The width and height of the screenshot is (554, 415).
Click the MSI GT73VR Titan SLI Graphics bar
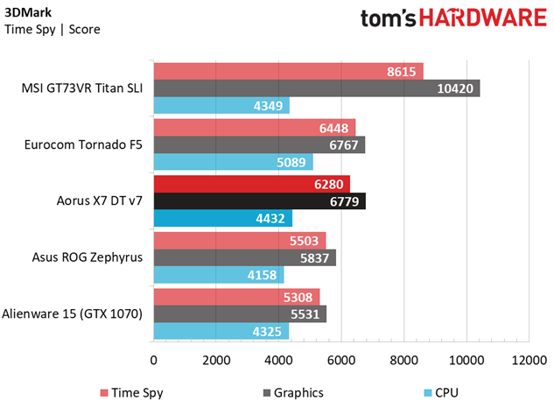point(317,88)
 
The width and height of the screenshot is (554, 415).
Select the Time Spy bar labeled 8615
point(288,72)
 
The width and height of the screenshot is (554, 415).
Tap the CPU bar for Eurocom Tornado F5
point(233,162)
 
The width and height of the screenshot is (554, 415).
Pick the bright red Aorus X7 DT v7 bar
point(251,184)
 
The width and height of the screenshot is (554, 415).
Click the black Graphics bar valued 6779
point(260,201)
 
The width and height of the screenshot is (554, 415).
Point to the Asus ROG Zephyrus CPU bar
point(219,275)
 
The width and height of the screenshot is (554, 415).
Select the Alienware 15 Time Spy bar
point(236,297)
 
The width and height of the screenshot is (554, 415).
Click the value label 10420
point(455,88)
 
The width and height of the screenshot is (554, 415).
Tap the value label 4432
point(270,219)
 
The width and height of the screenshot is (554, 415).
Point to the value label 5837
point(314,258)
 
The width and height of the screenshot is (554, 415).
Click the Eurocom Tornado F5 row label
point(83,144)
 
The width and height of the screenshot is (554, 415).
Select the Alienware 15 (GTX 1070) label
point(72,314)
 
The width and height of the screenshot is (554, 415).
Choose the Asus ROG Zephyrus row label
point(88,257)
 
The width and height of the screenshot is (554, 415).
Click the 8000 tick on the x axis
point(403,360)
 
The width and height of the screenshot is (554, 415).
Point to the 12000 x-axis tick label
point(529,360)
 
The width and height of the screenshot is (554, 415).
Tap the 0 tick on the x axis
point(154,360)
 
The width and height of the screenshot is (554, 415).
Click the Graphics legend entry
point(293,393)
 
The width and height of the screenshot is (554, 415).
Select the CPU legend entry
point(441,393)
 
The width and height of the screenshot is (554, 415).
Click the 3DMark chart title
point(28,12)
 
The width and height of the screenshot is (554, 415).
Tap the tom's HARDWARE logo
point(453,18)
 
